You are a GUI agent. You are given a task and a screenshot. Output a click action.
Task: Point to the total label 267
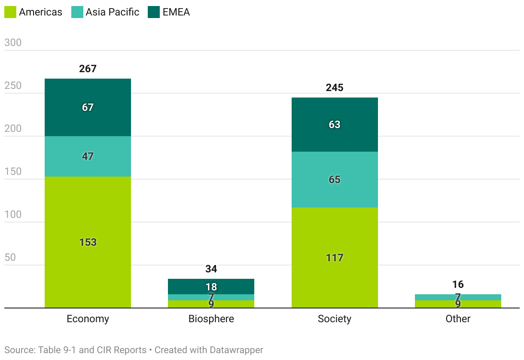coord(88,69)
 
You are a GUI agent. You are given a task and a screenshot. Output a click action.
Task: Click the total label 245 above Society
coord(335,88)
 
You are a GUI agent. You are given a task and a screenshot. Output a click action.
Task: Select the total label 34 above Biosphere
coord(211,269)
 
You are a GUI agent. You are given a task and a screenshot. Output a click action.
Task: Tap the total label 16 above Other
coord(458,284)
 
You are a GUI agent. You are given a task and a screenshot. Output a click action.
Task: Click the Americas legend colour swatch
coord(10,12)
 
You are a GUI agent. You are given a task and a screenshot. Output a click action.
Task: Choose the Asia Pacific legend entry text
coord(112,12)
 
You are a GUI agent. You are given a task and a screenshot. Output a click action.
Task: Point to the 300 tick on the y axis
coord(13,43)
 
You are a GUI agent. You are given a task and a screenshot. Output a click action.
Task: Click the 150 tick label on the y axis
coord(13,172)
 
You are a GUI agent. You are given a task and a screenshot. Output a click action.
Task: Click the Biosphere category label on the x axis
coord(211,319)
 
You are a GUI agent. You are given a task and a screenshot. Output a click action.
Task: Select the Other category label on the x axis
coord(458,319)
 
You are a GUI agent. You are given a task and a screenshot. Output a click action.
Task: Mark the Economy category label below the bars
coord(88,319)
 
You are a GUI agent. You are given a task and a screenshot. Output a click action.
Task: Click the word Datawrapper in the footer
coord(236,350)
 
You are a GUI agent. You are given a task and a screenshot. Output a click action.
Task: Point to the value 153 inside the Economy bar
coord(88,242)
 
